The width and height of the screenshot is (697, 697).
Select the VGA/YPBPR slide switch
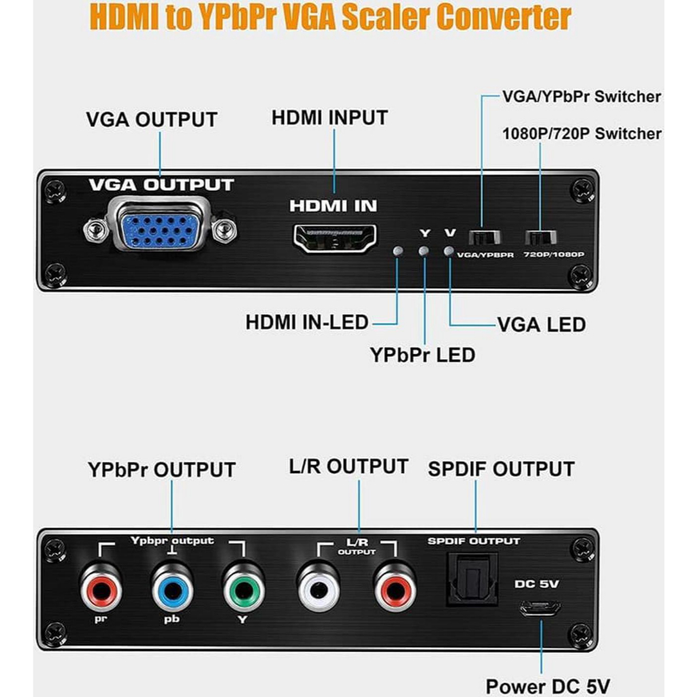tap(485, 238)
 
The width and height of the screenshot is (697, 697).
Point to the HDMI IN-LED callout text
tap(306, 322)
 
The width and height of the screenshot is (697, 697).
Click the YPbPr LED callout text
tap(422, 355)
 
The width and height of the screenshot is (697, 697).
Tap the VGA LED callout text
tap(541, 325)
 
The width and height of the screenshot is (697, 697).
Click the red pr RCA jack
tap(101, 589)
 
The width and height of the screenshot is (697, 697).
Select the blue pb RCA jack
tap(172, 589)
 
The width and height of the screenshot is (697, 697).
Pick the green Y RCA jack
tap(243, 589)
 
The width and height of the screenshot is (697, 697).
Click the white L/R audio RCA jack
tap(318, 589)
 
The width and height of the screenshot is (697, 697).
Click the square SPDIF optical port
tap(472, 579)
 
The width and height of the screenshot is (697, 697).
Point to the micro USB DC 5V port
tap(540, 608)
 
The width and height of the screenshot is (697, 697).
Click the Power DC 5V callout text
tap(547, 685)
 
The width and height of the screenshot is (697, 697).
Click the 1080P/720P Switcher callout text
tap(581, 133)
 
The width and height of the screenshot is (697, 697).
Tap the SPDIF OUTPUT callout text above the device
tap(501, 469)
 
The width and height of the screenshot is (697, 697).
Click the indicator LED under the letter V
tap(448, 251)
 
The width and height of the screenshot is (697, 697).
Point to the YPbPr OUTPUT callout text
tap(161, 470)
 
